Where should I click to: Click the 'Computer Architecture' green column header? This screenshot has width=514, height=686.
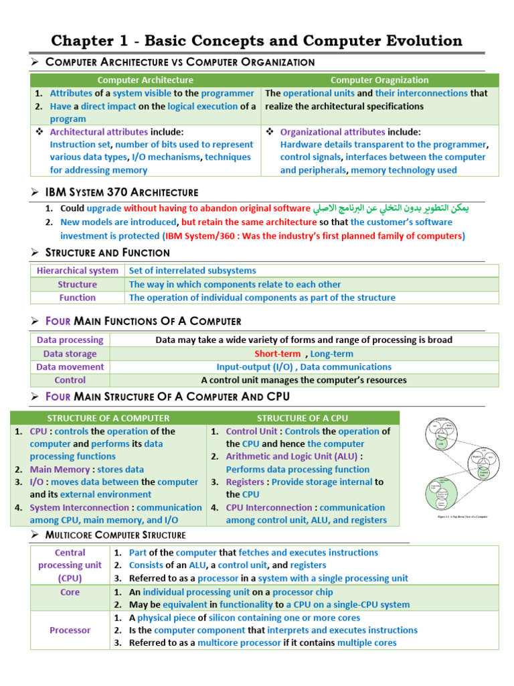click(145, 80)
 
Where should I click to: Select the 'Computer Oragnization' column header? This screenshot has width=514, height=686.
click(379, 80)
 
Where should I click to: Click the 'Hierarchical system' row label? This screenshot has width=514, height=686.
click(77, 271)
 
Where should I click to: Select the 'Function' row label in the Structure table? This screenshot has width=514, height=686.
click(77, 297)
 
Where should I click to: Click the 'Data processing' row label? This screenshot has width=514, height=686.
click(70, 340)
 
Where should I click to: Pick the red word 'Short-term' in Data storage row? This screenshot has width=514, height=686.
click(277, 354)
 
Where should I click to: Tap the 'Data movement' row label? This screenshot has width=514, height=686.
click(70, 367)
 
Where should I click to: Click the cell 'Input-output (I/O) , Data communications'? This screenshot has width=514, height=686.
click(304, 367)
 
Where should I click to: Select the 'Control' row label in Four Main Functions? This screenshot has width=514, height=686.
click(70, 380)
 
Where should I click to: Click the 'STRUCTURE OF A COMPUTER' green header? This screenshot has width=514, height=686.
click(108, 418)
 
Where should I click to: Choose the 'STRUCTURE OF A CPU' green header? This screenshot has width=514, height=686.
click(303, 418)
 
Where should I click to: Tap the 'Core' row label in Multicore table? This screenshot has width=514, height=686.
click(70, 592)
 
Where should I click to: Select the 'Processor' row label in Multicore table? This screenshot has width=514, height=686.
click(70, 630)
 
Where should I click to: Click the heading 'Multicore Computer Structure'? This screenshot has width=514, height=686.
click(115, 535)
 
